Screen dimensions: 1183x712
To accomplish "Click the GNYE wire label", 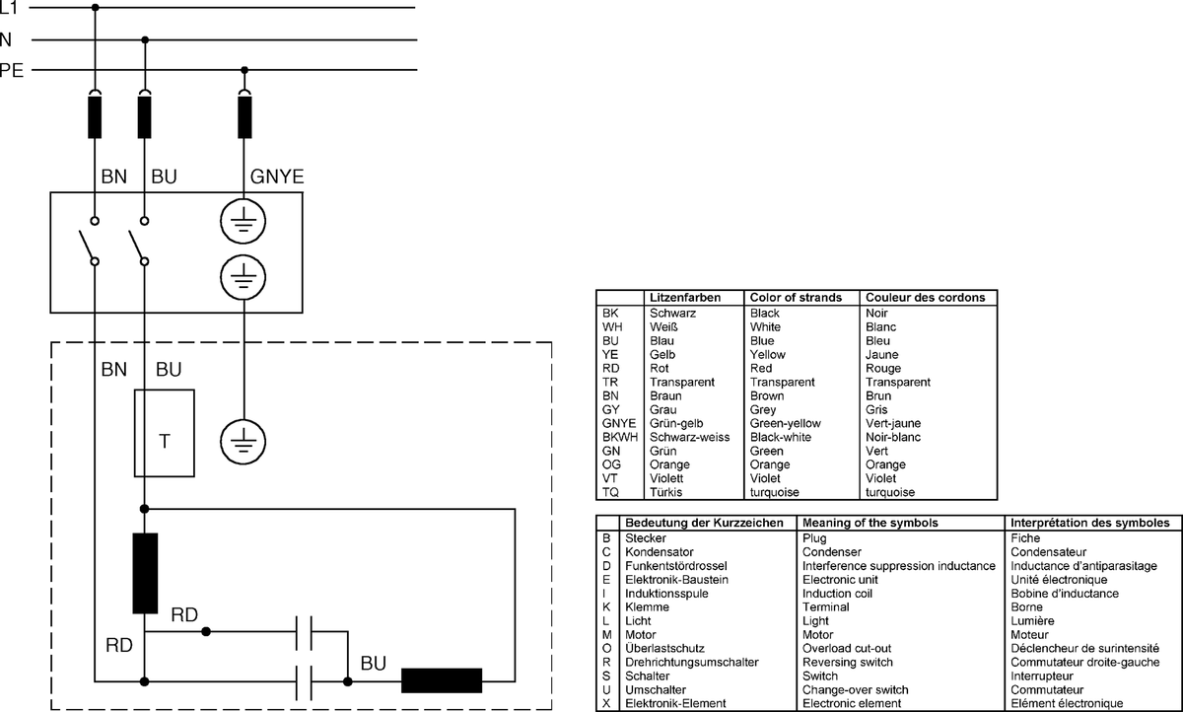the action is (x=277, y=177).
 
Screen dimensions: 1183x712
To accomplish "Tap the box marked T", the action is (x=165, y=433).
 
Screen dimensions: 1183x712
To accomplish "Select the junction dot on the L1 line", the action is (x=95, y=7).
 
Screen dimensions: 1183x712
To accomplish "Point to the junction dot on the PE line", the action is (x=244, y=70).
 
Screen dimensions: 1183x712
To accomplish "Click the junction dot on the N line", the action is (x=145, y=39).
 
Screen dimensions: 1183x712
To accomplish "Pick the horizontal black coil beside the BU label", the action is (x=442, y=680).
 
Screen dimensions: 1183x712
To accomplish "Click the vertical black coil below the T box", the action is (x=145, y=573).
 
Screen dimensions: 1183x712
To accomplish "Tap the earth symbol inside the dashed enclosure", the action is (x=243, y=442).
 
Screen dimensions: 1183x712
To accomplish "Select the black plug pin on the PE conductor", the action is (x=244, y=117).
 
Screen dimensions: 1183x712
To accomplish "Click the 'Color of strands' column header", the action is (x=796, y=298).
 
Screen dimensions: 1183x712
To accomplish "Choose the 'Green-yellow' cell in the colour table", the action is (x=786, y=423).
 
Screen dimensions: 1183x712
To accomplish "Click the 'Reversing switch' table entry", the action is (x=848, y=662).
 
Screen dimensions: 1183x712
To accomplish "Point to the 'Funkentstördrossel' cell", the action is (x=676, y=566).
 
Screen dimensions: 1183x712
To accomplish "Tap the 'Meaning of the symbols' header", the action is (x=870, y=523).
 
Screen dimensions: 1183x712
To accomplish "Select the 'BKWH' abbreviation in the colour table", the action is (x=620, y=437).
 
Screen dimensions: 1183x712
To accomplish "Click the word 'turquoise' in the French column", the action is (x=890, y=492).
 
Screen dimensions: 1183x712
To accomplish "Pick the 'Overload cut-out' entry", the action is (x=847, y=648).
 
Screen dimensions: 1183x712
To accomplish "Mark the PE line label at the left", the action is (x=11, y=70).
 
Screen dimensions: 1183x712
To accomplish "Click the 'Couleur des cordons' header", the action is (x=926, y=298).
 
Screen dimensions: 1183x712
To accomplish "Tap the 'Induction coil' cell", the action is (x=837, y=593).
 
